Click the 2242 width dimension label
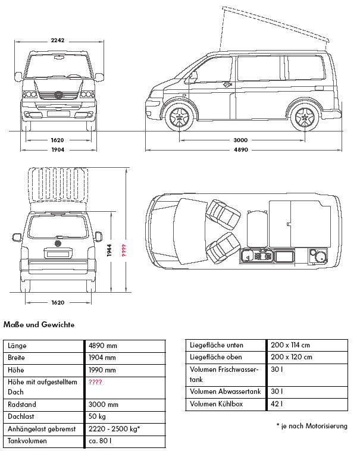[58, 40]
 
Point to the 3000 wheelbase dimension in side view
[240, 140]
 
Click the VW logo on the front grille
[58, 93]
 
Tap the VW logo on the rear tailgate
[58, 243]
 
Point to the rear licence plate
[58, 254]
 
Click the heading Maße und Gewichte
[39, 325]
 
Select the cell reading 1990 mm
[102, 370]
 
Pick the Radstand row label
[21, 404]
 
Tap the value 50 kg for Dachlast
[98, 416]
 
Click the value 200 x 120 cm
[290, 358]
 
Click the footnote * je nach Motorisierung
[312, 426]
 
